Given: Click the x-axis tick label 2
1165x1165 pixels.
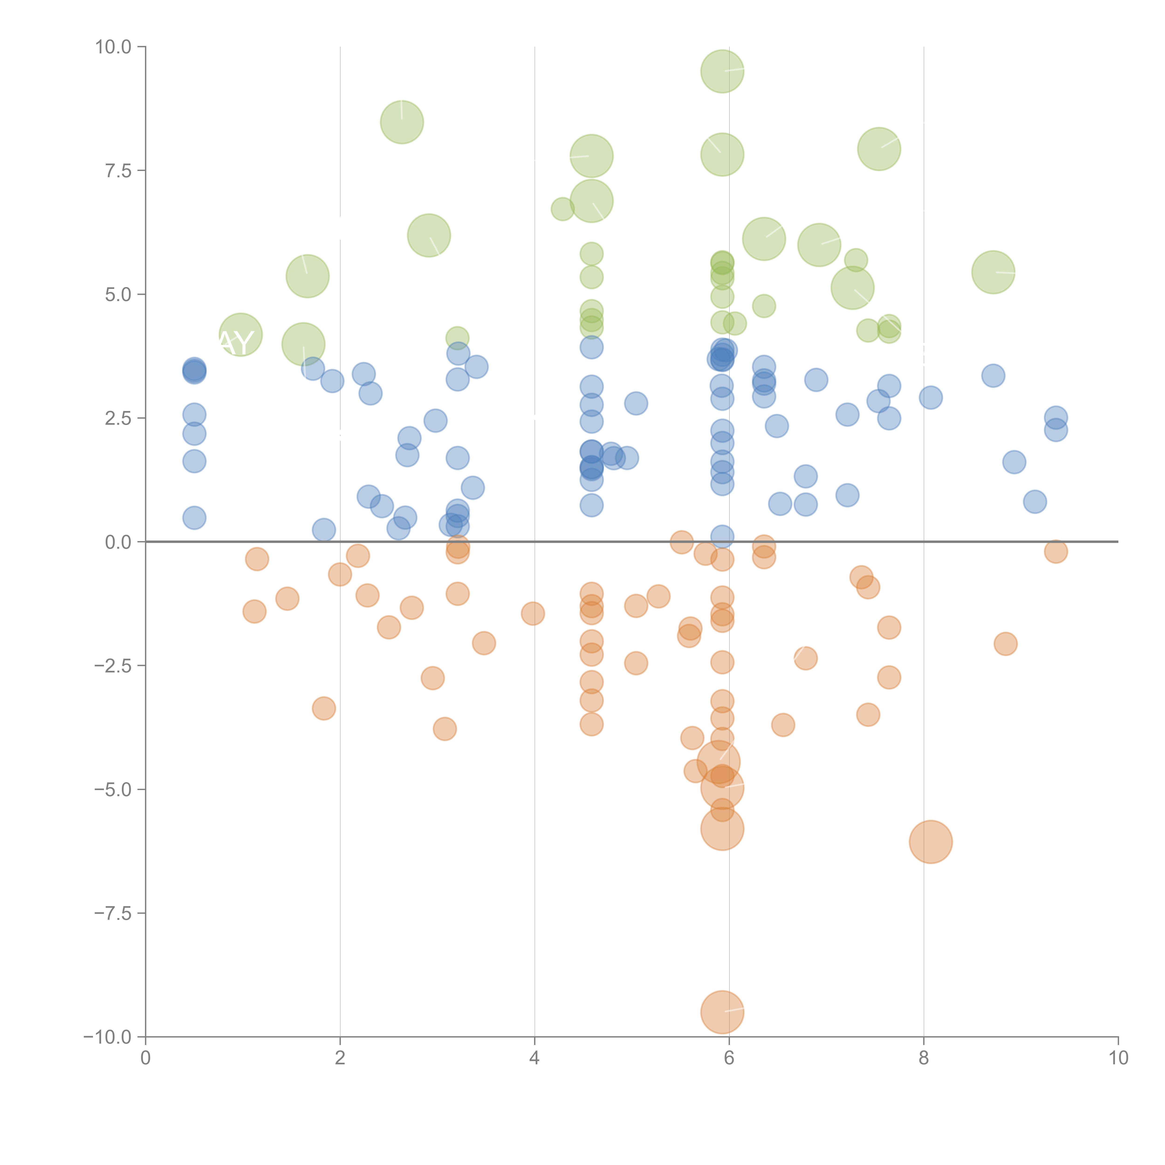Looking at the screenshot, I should point(340,1058).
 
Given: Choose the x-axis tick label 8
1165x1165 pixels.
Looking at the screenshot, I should point(924,1058).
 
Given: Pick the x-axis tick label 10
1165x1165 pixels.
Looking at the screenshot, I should point(1118,1058).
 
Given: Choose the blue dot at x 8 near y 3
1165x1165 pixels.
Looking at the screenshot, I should point(930,397).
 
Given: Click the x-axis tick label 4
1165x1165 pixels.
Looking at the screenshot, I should point(534,1058).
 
